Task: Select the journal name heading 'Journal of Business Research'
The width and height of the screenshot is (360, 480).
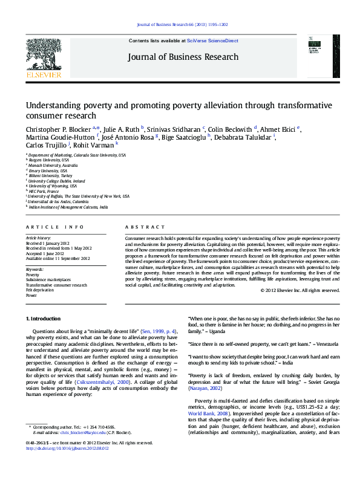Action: pyautogui.click(x=183, y=57)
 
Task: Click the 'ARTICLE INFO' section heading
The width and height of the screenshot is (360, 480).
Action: pyautogui.click(x=54, y=227)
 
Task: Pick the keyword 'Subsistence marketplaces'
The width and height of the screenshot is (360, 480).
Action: pyautogui.click(x=48, y=280)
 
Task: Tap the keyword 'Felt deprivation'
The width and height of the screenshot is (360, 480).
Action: pyautogui.click(x=39, y=290)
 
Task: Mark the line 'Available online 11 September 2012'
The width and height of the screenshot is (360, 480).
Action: pyautogui.click(x=57, y=258)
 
